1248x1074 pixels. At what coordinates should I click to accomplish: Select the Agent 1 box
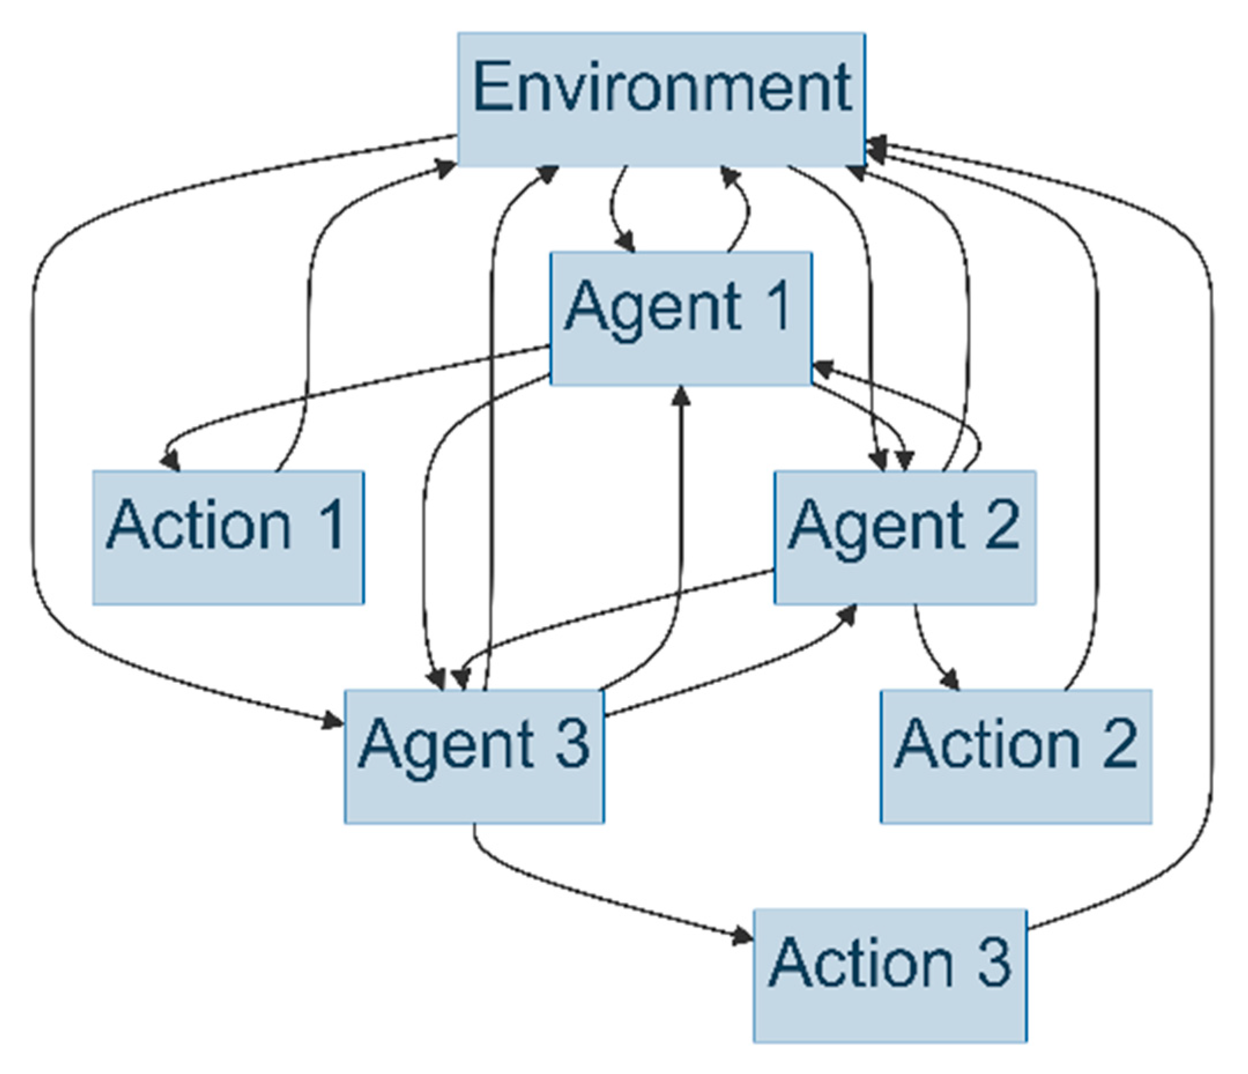coord(681,319)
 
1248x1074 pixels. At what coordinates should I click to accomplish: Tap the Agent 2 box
coord(905,537)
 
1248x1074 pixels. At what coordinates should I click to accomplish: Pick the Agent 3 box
coord(474,757)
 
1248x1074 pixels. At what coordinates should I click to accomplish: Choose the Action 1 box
coord(228,537)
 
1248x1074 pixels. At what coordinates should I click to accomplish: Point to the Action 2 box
coord(1016,757)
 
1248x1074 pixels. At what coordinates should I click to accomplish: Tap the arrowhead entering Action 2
coord(951,681)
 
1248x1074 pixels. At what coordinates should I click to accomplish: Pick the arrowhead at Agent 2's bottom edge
coord(849,614)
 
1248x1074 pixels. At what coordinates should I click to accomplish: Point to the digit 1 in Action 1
coord(330,524)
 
